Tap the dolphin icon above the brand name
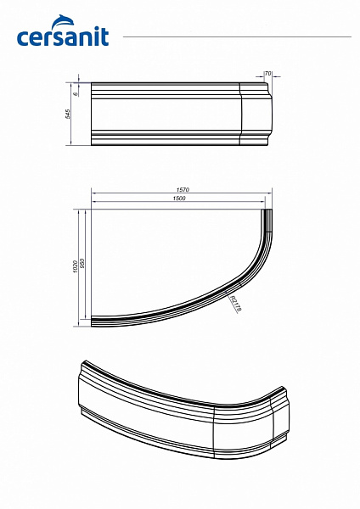point(89,20)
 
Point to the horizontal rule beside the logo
point(238,37)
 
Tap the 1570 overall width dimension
point(181,190)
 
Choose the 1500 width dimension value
point(178,198)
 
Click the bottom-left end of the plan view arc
point(93,322)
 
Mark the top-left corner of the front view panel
point(91,84)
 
